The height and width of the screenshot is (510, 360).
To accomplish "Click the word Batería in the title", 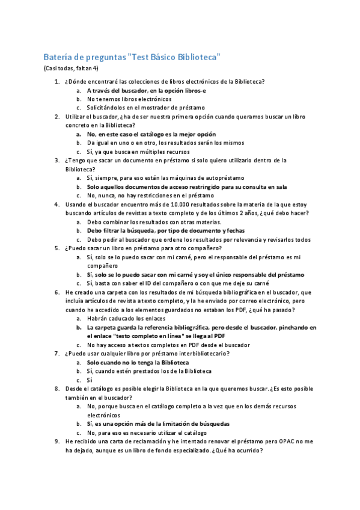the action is click(58, 57).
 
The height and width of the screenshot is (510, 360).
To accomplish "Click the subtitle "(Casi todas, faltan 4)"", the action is click(71, 69).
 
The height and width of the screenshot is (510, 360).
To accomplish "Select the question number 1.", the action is click(56, 81).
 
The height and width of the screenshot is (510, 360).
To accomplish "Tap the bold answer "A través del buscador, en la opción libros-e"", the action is click(146, 90).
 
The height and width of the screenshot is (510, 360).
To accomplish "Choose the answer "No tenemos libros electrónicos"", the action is click(129, 99).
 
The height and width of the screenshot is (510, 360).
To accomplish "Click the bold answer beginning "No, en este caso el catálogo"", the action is click(151, 134).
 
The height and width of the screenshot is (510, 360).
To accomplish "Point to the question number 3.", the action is click(56, 161).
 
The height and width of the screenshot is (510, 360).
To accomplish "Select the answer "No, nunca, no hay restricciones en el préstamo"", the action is click(150, 195).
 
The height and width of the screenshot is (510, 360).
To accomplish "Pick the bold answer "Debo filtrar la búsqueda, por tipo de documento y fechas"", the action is click(165, 230).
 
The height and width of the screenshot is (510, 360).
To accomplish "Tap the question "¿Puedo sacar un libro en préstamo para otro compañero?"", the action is click(143, 248).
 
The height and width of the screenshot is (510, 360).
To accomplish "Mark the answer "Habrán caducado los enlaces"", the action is click(126, 318).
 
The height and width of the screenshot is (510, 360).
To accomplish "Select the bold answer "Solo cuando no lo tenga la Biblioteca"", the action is click(138, 363).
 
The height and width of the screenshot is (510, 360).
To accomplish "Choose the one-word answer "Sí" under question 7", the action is click(90, 380).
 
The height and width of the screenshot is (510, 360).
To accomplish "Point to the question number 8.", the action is click(56, 389).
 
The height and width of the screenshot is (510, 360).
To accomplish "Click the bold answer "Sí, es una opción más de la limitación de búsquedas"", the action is click(157, 423).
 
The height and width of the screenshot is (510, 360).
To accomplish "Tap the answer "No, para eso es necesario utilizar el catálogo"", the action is click(147, 432).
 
